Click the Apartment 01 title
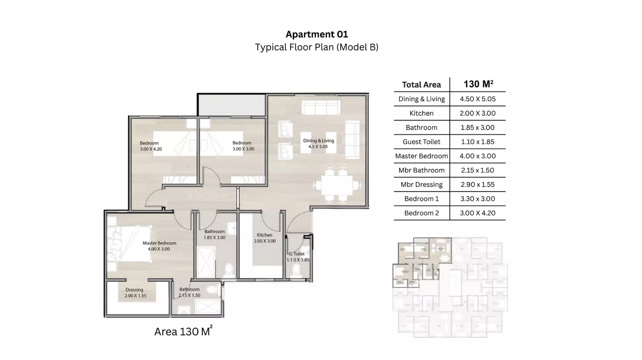(x=317, y=34)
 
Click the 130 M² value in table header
(x=478, y=84)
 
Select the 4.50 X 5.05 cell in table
(x=478, y=99)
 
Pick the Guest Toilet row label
(x=421, y=142)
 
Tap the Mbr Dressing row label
(x=421, y=184)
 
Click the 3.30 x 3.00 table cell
(x=478, y=199)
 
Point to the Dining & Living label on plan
(x=318, y=143)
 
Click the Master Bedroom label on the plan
(x=159, y=246)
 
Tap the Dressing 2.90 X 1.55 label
(x=135, y=293)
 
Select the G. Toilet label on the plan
(x=297, y=257)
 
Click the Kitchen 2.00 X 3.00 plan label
(x=265, y=238)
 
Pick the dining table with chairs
(x=337, y=186)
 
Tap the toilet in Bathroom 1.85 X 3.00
(x=229, y=270)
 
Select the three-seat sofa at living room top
(x=320, y=108)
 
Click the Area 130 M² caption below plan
(x=183, y=331)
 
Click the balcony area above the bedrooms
(x=232, y=105)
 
